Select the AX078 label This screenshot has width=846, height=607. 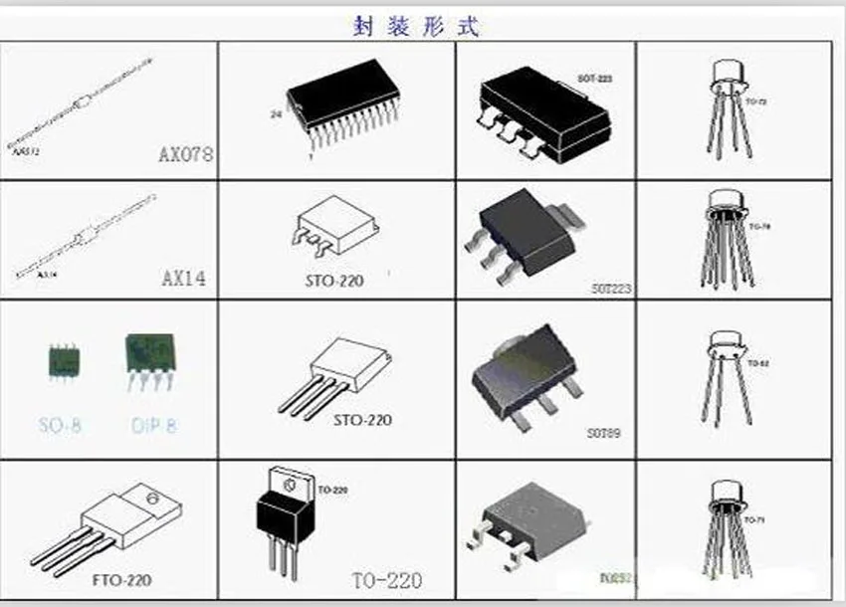click(186, 155)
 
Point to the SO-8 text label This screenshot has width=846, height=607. click(60, 426)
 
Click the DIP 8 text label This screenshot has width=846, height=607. click(153, 426)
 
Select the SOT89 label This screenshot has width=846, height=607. click(603, 434)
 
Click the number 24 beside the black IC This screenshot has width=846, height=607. click(276, 114)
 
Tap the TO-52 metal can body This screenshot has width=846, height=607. click(730, 343)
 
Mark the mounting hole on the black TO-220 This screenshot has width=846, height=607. click(291, 486)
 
